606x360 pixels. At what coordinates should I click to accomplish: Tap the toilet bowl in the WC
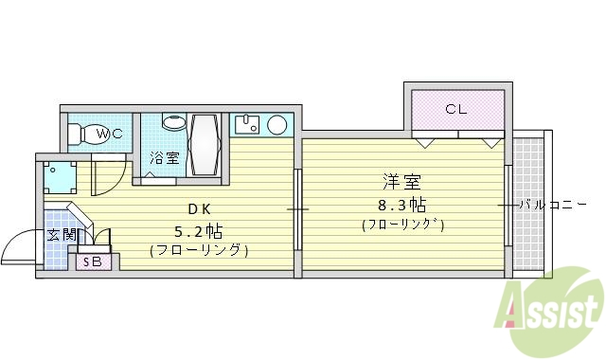pyautogui.click(x=85, y=135)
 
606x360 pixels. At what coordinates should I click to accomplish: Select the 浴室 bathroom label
pyautogui.click(x=165, y=158)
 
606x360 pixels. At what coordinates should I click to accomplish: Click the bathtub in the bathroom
pyautogui.click(x=205, y=145)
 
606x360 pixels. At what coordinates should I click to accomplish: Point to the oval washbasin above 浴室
pyautogui.click(x=174, y=123)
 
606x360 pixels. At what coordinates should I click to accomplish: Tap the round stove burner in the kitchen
pyautogui.click(x=278, y=125)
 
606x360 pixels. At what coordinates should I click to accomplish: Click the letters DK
pyautogui.click(x=196, y=208)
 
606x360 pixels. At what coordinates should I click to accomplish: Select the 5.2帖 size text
pyautogui.click(x=198, y=231)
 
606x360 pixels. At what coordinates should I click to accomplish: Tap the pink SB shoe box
pyautogui.click(x=93, y=261)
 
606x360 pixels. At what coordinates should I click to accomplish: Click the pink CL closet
pyautogui.click(x=456, y=110)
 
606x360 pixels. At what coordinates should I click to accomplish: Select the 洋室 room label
pyautogui.click(x=401, y=180)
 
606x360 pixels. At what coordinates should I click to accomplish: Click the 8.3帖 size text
pyautogui.click(x=401, y=204)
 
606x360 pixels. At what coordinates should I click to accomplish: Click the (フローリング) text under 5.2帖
pyautogui.click(x=198, y=251)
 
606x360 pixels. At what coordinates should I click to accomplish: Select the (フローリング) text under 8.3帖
pyautogui.click(x=401, y=225)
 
